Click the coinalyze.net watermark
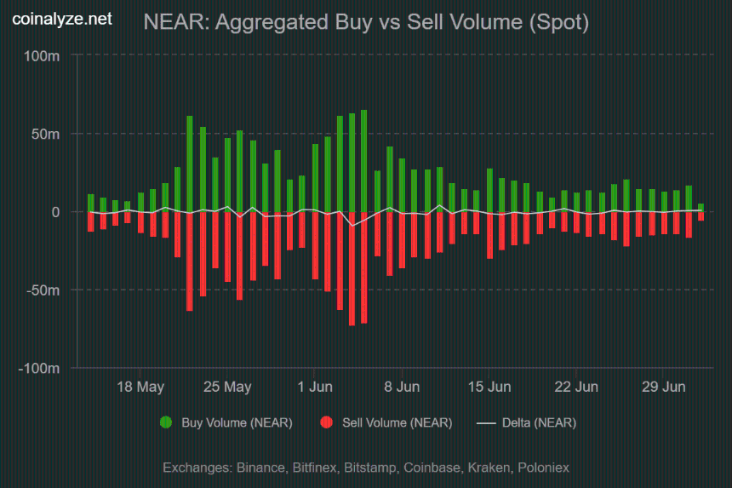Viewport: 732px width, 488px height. [62, 19]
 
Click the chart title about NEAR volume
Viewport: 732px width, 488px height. [366, 22]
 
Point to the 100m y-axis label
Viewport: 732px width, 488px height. [42, 56]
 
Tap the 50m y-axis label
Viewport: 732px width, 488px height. [45, 134]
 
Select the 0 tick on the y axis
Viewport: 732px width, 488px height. [55, 212]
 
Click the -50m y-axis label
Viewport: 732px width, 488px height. [43, 290]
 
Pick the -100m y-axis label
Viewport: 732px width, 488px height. [39, 369]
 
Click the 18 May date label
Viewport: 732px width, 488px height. [140, 387]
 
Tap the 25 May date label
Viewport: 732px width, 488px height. [227, 387]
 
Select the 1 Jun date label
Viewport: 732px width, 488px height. [315, 387]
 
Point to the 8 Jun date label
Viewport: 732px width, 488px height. [402, 387]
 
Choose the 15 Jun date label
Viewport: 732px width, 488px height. [489, 387]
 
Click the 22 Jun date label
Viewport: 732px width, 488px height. [576, 387]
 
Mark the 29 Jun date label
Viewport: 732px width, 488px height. [663, 387]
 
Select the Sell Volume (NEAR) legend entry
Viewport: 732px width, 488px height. [386, 422]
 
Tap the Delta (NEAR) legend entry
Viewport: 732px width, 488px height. [527, 422]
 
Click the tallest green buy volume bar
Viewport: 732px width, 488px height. [363, 161]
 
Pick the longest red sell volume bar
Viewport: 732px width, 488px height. [352, 268]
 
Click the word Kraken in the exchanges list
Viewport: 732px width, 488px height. [489, 468]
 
